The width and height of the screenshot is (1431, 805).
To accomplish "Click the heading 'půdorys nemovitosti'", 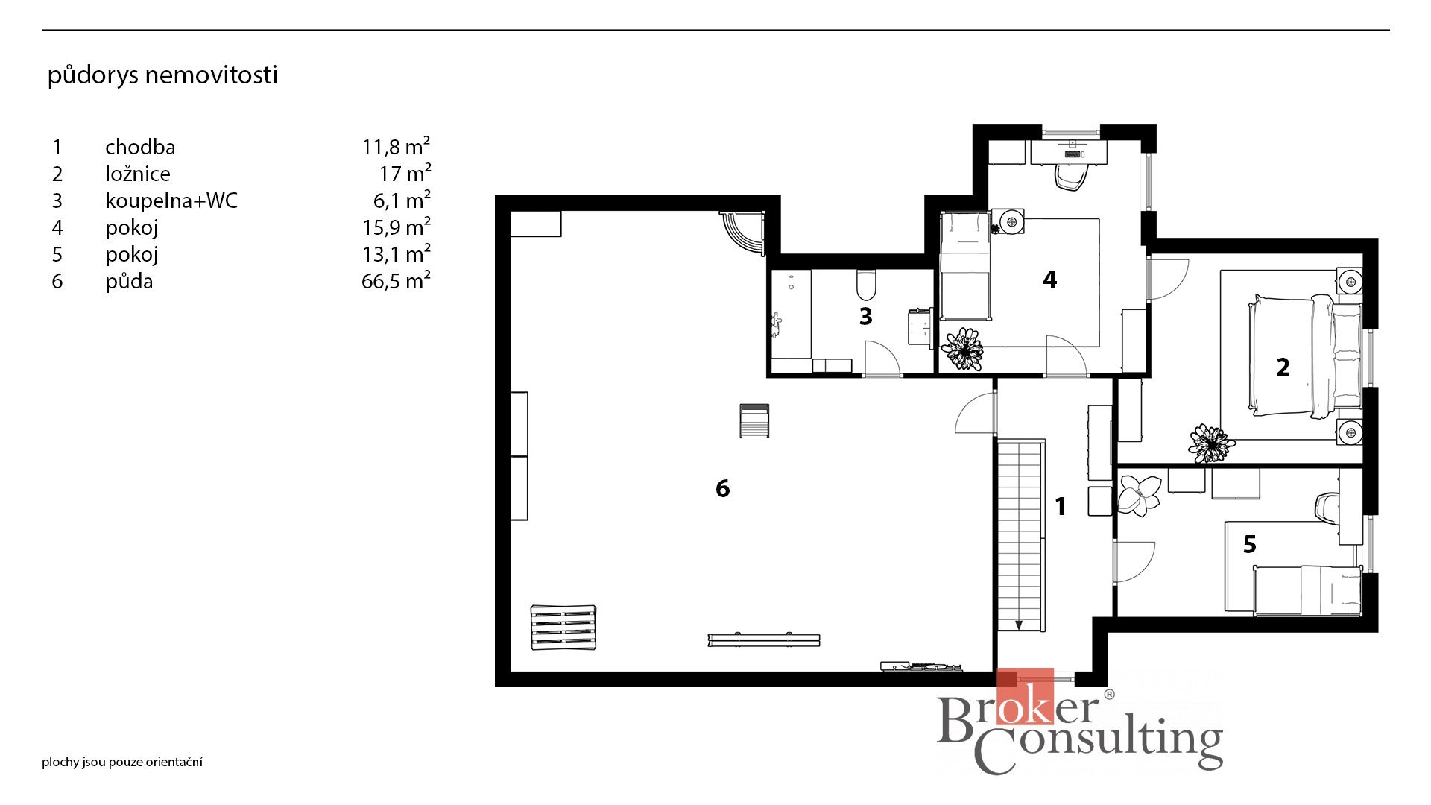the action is [x=162, y=75].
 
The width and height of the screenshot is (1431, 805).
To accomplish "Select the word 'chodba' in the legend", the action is [x=140, y=147].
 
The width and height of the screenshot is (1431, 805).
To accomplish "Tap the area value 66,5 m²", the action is [x=396, y=281].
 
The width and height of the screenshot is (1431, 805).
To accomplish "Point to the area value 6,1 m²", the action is [x=402, y=201].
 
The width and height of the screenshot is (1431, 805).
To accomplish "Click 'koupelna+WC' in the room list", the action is [x=171, y=201].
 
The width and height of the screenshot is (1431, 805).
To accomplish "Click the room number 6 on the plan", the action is [x=722, y=488].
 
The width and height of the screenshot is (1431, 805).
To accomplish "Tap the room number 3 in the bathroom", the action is [x=865, y=316].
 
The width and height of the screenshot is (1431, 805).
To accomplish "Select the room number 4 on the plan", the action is [x=1049, y=280].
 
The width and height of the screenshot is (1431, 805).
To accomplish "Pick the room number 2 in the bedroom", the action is [x=1283, y=367].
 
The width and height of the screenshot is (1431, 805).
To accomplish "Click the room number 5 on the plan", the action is [x=1250, y=544].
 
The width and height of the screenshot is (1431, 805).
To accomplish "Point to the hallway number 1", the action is [x=1061, y=507].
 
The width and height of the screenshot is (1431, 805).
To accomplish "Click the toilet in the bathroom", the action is [x=866, y=284].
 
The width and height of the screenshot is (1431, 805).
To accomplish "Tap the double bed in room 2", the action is [x=1304, y=356].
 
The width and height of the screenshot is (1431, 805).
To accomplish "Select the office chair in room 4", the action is [x=1072, y=177].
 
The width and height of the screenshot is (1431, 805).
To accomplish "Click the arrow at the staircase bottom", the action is [x=1019, y=624].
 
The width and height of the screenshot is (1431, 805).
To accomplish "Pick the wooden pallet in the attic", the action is [x=563, y=628].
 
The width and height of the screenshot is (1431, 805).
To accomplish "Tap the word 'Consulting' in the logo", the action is [x=1098, y=745].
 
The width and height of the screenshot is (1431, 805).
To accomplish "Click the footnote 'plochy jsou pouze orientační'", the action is [x=122, y=762].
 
